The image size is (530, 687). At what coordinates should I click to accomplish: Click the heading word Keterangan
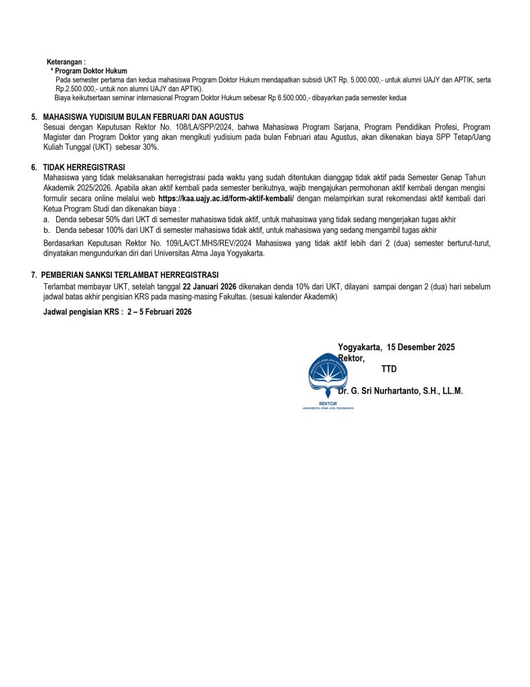66,62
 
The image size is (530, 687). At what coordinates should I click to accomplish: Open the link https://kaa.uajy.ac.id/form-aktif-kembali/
226,199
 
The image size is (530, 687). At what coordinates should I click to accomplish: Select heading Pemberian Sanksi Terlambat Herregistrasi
129,275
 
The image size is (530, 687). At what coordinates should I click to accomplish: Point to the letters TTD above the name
389,369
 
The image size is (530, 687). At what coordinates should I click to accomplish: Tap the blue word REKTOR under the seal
328,404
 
